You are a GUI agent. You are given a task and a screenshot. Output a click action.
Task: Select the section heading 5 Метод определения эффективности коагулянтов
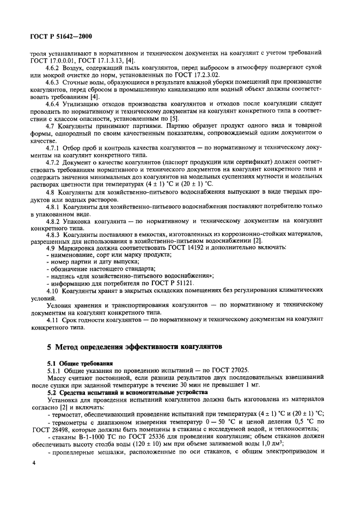(x=135, y=346)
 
